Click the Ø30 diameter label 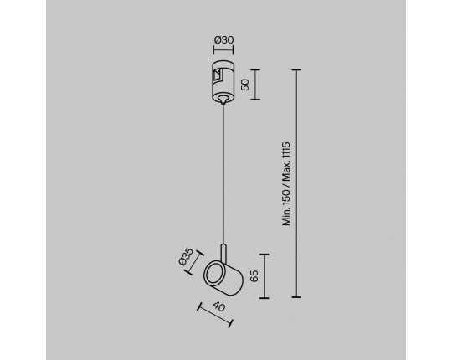[x=223, y=40]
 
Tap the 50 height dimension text [x=245, y=85]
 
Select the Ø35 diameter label [x=186, y=256]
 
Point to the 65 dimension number [x=254, y=276]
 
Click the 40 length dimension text [x=218, y=306]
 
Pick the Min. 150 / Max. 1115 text [x=286, y=183]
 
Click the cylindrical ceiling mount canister [x=223, y=81]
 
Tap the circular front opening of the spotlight [x=214, y=273]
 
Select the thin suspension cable [x=223, y=174]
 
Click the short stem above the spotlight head [x=223, y=253]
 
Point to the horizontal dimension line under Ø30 [x=223, y=49]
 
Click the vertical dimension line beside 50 [x=255, y=85]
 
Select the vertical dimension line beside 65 [x=264, y=276]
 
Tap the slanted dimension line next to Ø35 [x=195, y=263]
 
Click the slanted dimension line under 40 [x=215, y=315]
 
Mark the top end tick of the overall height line [x=296, y=69]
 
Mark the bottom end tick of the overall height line [x=296, y=297]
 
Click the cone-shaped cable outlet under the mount [x=223, y=100]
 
